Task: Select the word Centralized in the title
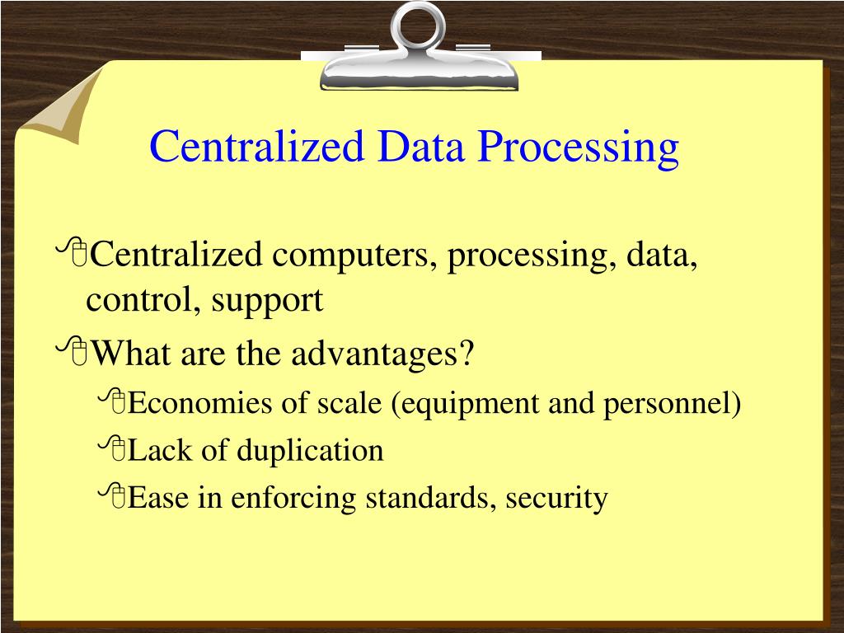(x=256, y=147)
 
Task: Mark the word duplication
(x=310, y=452)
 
